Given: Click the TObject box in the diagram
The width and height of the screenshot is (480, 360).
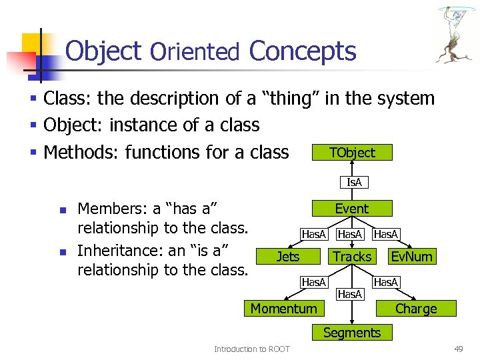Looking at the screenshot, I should point(352,153).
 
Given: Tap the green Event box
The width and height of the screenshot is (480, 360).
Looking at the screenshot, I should point(351,209).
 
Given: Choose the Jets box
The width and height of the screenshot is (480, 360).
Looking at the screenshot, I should point(288,257).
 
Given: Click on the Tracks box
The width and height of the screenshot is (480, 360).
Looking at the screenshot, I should point(352,257).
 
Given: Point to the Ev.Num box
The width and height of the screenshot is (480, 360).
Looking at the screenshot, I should point(411,257).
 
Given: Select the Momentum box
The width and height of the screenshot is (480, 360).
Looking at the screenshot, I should point(284,308).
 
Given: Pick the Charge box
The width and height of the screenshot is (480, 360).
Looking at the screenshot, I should point(416,309).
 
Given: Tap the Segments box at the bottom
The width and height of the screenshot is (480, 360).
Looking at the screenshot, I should point(351,333).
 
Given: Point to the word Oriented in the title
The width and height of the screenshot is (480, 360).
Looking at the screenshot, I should point(195,52).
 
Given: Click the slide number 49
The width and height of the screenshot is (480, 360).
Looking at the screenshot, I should point(458,349).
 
